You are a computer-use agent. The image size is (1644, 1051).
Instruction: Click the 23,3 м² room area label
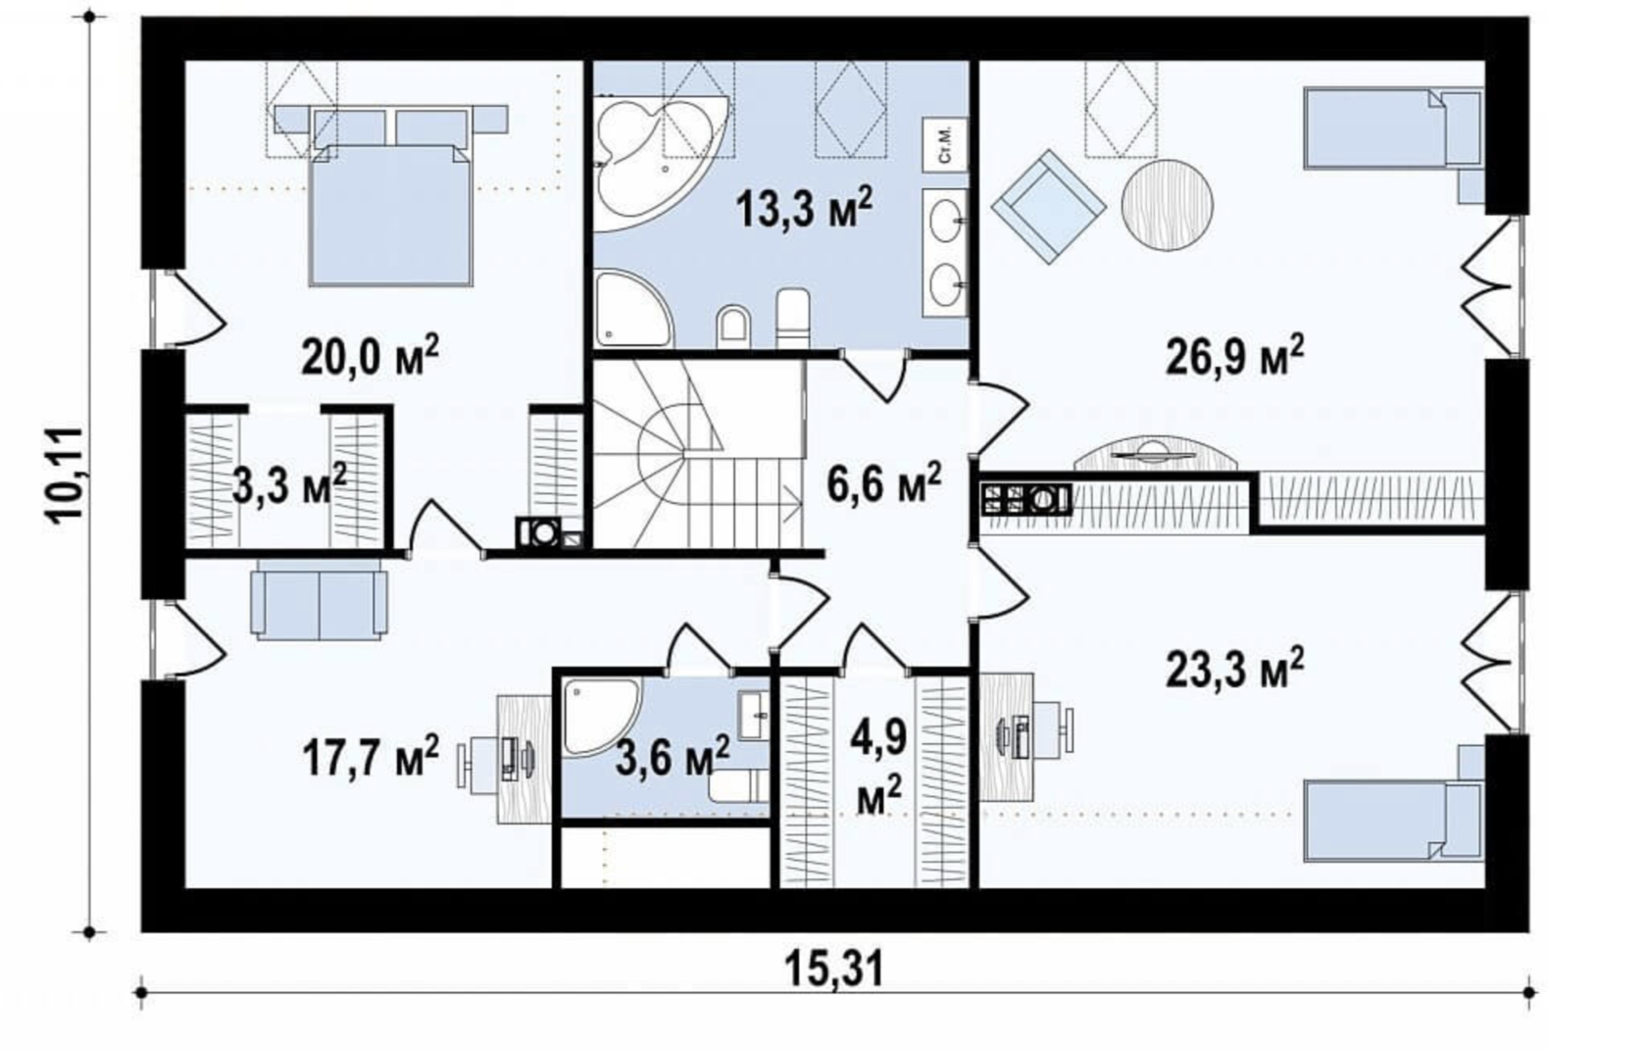(1235, 667)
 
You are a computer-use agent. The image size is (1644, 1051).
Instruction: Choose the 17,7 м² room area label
(371, 758)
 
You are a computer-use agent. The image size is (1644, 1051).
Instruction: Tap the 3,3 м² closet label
(289, 483)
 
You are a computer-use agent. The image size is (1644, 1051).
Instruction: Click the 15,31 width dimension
(834, 970)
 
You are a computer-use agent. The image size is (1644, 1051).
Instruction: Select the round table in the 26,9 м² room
(1167, 206)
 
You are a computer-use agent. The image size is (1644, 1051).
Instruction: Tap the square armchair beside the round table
(1048, 207)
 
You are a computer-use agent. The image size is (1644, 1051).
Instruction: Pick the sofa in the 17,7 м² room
(319, 602)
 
